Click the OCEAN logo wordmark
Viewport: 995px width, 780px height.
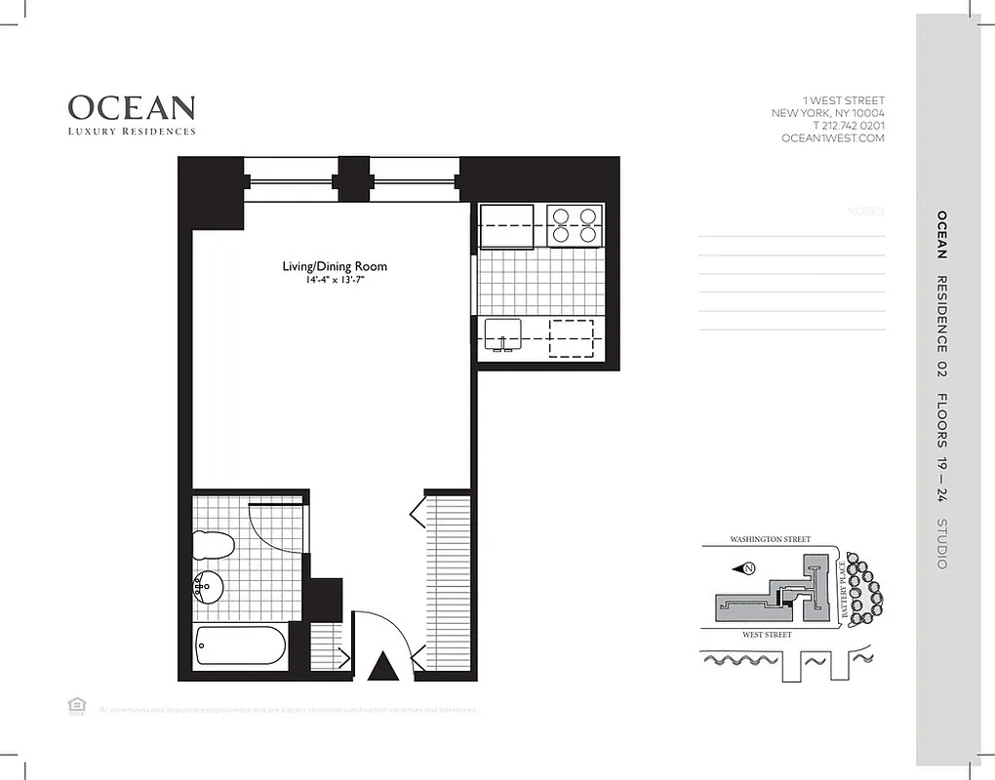point(132,107)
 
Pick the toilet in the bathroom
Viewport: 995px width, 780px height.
point(214,545)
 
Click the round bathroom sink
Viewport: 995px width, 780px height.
point(208,588)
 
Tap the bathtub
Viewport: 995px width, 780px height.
point(240,646)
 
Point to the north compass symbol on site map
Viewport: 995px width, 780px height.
point(747,568)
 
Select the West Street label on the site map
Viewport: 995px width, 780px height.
point(766,635)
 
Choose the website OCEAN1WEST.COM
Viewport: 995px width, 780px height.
point(833,138)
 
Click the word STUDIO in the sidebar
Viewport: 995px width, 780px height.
point(941,544)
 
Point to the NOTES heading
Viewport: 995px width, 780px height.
point(866,212)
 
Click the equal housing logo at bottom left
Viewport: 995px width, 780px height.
point(74,706)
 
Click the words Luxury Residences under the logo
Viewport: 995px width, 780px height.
point(132,132)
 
